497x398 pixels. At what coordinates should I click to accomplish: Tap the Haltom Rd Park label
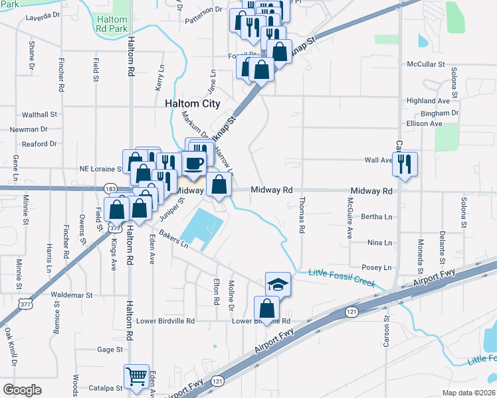pos(110,24)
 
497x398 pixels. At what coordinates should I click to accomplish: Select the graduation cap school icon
pos(278,285)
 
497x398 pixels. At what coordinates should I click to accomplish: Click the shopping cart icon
pos(137,377)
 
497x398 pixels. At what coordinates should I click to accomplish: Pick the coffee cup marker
pos(194,163)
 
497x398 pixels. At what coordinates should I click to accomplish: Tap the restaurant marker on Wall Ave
pos(405,163)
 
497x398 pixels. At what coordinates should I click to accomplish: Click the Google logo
pos(22,390)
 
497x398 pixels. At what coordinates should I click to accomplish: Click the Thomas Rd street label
pos(302,215)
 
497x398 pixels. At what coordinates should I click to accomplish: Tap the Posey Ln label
pos(376,267)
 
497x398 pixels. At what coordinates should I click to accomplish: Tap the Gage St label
pos(110,349)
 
